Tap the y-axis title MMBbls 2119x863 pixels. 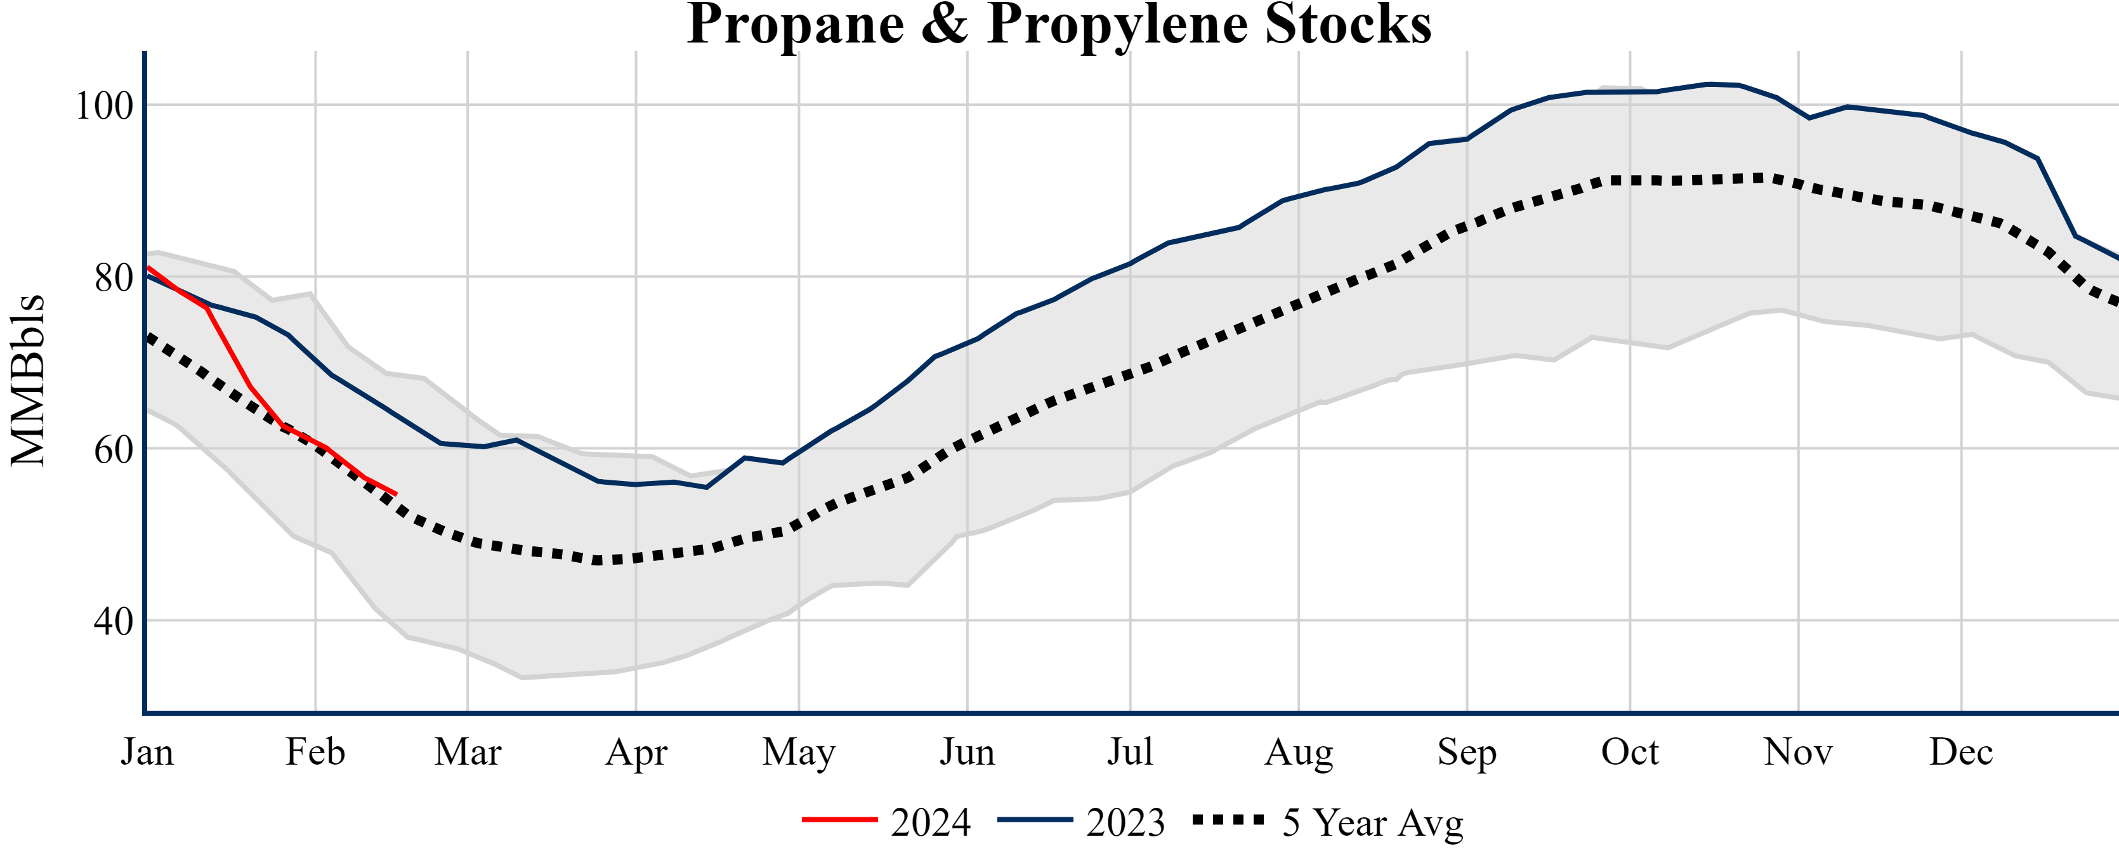[x=28, y=380]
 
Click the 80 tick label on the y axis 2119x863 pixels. [x=114, y=278]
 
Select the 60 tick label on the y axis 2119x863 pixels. [x=114, y=450]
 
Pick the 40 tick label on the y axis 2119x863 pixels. [x=114, y=622]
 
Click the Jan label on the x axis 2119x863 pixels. [x=147, y=752]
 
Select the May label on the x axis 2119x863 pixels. [x=799, y=752]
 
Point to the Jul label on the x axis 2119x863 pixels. [x=1131, y=752]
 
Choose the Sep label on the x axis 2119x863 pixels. [x=1467, y=752]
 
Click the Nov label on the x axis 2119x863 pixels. [x=1798, y=752]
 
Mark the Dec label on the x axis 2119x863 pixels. [x=1961, y=752]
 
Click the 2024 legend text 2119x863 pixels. [x=930, y=822]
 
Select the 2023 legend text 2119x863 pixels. [x=1125, y=822]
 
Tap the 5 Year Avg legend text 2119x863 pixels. [x=1373, y=822]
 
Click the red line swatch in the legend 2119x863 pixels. [x=840, y=819]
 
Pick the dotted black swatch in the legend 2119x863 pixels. [x=1228, y=819]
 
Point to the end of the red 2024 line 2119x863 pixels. [x=397, y=494]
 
